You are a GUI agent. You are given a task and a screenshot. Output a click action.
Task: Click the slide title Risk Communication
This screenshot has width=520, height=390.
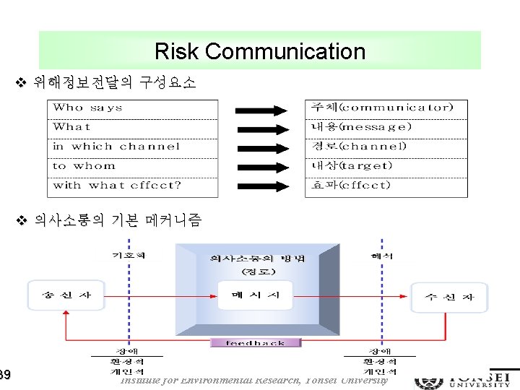click(x=260, y=51)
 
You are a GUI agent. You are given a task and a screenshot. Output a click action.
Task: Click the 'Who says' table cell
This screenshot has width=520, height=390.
click(x=133, y=108)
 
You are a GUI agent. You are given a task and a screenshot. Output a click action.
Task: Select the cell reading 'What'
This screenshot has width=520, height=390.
click(x=133, y=127)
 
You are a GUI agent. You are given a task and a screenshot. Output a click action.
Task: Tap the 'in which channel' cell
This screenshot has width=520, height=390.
click(x=133, y=147)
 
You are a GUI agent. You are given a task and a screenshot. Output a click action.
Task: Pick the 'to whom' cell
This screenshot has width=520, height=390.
click(x=133, y=166)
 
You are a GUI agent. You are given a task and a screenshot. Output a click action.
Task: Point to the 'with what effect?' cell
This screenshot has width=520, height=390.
click(x=133, y=186)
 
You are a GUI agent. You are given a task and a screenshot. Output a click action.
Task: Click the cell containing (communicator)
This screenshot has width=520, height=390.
click(x=386, y=108)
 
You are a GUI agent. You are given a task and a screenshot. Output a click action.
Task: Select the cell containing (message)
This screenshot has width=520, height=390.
click(x=386, y=127)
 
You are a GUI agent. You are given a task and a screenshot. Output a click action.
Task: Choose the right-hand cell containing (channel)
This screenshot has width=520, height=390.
click(x=386, y=147)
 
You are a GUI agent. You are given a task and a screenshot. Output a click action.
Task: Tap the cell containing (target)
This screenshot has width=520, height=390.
click(x=386, y=166)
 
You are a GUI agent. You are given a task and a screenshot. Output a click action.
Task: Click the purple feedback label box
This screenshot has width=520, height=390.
click(x=256, y=343)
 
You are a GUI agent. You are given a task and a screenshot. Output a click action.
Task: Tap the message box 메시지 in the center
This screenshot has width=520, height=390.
click(x=255, y=295)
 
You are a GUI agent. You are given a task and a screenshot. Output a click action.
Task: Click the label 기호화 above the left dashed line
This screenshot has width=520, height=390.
click(x=129, y=256)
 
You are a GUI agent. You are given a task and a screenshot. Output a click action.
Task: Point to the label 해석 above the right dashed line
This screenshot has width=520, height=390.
click(x=382, y=256)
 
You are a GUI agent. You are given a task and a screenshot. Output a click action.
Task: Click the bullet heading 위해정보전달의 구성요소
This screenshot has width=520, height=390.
click(x=115, y=83)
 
